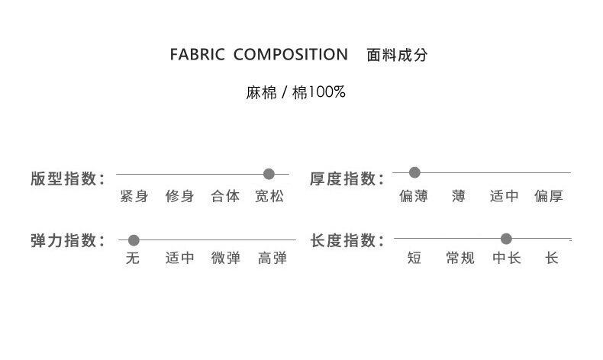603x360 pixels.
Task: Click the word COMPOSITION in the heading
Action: (290, 56)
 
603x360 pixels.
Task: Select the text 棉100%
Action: (320, 93)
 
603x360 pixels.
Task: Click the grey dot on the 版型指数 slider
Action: (269, 173)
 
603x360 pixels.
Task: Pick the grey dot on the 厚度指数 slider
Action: (414, 172)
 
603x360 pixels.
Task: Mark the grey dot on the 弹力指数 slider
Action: (134, 240)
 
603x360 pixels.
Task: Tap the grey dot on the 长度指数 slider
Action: (506, 239)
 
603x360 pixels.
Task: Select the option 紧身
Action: (134, 197)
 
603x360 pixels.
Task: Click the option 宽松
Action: (269, 197)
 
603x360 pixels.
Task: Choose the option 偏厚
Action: (549, 197)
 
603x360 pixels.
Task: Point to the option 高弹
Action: (272, 259)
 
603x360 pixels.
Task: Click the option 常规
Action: (460, 259)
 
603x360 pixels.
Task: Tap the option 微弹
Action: (226, 259)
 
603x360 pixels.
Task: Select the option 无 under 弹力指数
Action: (133, 259)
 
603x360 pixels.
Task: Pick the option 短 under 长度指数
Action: (414, 259)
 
